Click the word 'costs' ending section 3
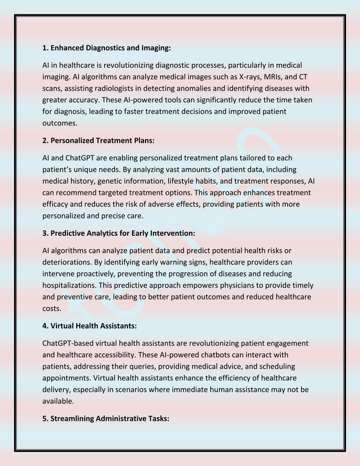pos(52,309)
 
